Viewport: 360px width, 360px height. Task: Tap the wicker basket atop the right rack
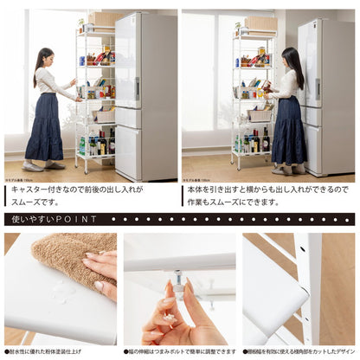pos(260,24)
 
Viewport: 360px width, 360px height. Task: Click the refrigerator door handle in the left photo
pos(136,87)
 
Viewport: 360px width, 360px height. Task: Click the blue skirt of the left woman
pos(44,138)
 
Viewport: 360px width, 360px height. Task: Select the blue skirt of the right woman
pos(288,136)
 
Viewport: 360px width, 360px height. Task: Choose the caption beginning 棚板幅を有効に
pos(299,352)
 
